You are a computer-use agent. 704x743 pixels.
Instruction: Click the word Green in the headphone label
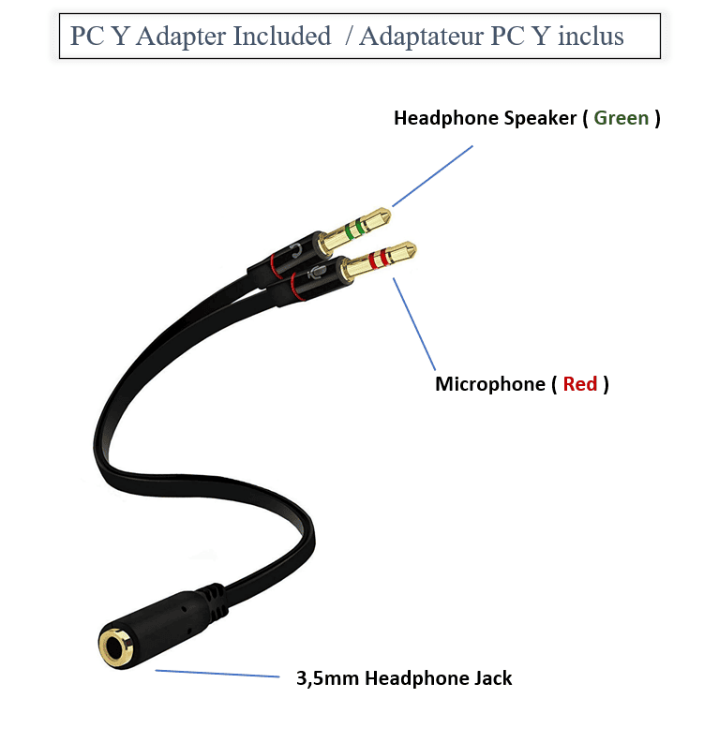coord(621,118)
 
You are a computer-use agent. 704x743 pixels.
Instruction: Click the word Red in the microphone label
coord(580,384)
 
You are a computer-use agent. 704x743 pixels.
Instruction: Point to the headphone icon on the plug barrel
coord(297,251)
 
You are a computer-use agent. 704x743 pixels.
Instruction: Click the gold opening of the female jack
coord(116,646)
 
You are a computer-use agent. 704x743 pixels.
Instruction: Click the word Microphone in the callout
coord(488,384)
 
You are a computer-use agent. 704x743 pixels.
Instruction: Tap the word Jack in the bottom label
coord(491,678)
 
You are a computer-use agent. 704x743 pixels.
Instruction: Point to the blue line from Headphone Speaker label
coord(432,175)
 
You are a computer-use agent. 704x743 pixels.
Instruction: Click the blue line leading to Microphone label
coord(414,322)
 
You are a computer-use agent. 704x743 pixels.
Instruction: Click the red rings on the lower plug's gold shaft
coord(376,260)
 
